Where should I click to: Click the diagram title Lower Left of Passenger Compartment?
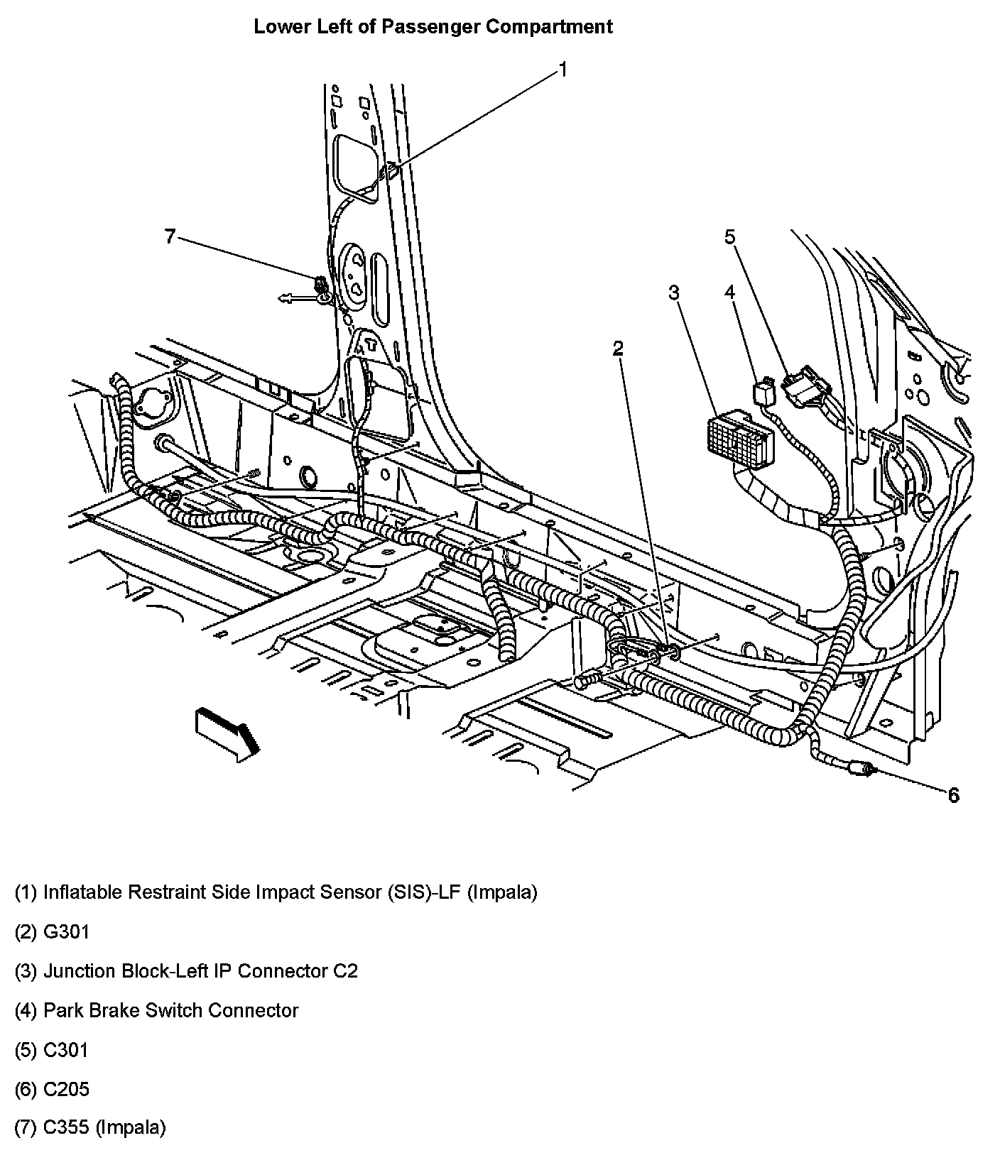click(x=433, y=27)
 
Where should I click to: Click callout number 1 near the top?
click(x=562, y=70)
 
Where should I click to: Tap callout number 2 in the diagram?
click(x=618, y=348)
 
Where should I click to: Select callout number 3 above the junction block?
click(x=673, y=292)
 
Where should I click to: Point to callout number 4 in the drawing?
click(x=729, y=292)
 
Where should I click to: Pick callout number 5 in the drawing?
click(x=730, y=236)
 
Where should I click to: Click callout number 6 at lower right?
click(x=953, y=795)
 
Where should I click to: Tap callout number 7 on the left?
click(x=169, y=236)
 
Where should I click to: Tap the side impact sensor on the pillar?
click(x=389, y=170)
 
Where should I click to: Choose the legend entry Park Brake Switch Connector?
click(x=156, y=1010)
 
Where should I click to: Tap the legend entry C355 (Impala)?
click(x=90, y=1127)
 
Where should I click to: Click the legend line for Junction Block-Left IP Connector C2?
click(x=186, y=971)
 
